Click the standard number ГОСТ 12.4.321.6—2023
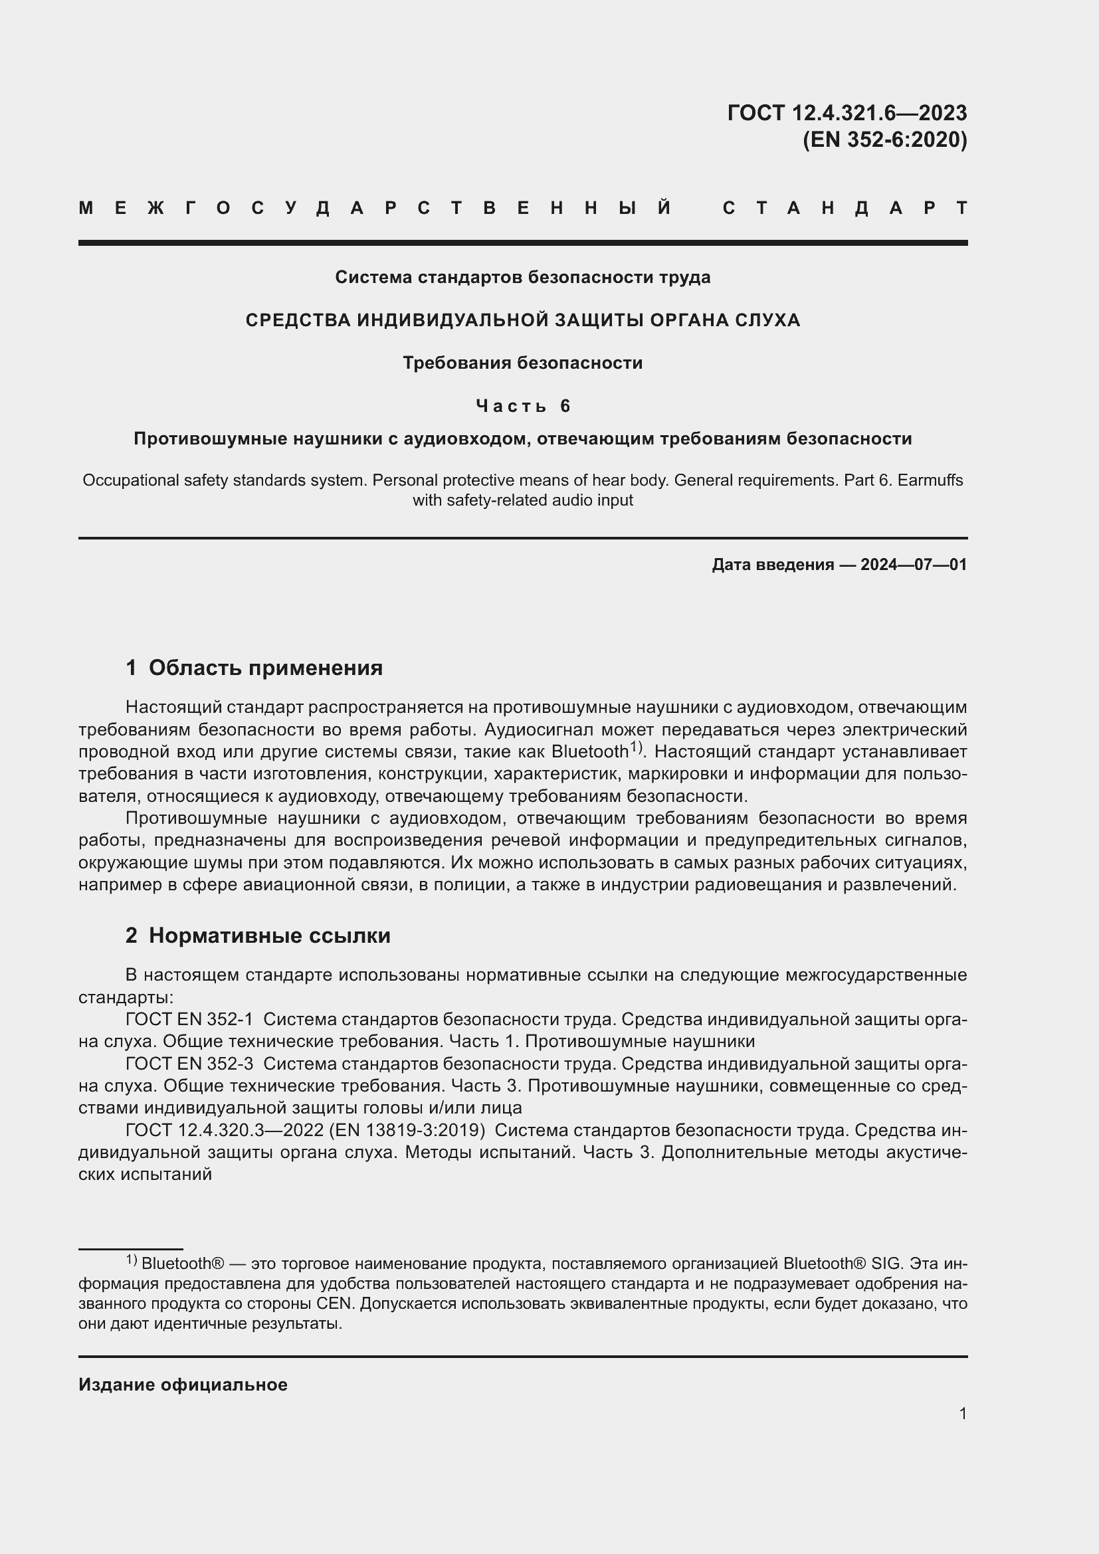point(847,113)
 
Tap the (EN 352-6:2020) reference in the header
point(884,140)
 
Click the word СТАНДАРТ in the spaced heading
point(845,208)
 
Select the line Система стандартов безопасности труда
point(522,278)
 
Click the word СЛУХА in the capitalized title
point(767,320)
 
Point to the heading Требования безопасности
point(522,363)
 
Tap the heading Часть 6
point(523,406)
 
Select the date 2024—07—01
point(913,565)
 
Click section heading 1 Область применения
point(254,668)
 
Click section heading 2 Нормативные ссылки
point(258,935)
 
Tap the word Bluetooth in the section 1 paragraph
point(589,752)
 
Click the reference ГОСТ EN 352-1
point(189,1019)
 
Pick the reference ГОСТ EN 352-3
point(189,1064)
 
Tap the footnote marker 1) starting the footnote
point(132,1260)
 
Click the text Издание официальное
point(183,1385)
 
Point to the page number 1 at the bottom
point(962,1414)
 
